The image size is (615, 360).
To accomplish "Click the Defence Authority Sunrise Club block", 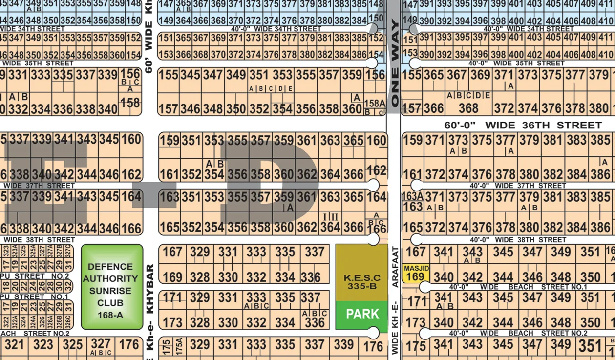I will [112, 287].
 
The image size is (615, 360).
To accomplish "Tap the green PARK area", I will [362, 315].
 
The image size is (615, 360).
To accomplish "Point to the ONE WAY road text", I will [395, 64].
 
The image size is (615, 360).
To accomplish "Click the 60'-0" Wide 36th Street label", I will [523, 126].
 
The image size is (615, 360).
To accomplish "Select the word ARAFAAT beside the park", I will [395, 267].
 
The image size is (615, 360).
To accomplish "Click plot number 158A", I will [375, 104].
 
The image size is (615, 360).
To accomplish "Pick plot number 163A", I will [412, 196].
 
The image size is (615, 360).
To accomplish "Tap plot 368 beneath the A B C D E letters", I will [468, 108].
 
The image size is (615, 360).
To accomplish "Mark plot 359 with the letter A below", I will [284, 197].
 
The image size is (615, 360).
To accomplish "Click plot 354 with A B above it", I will [214, 174].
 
